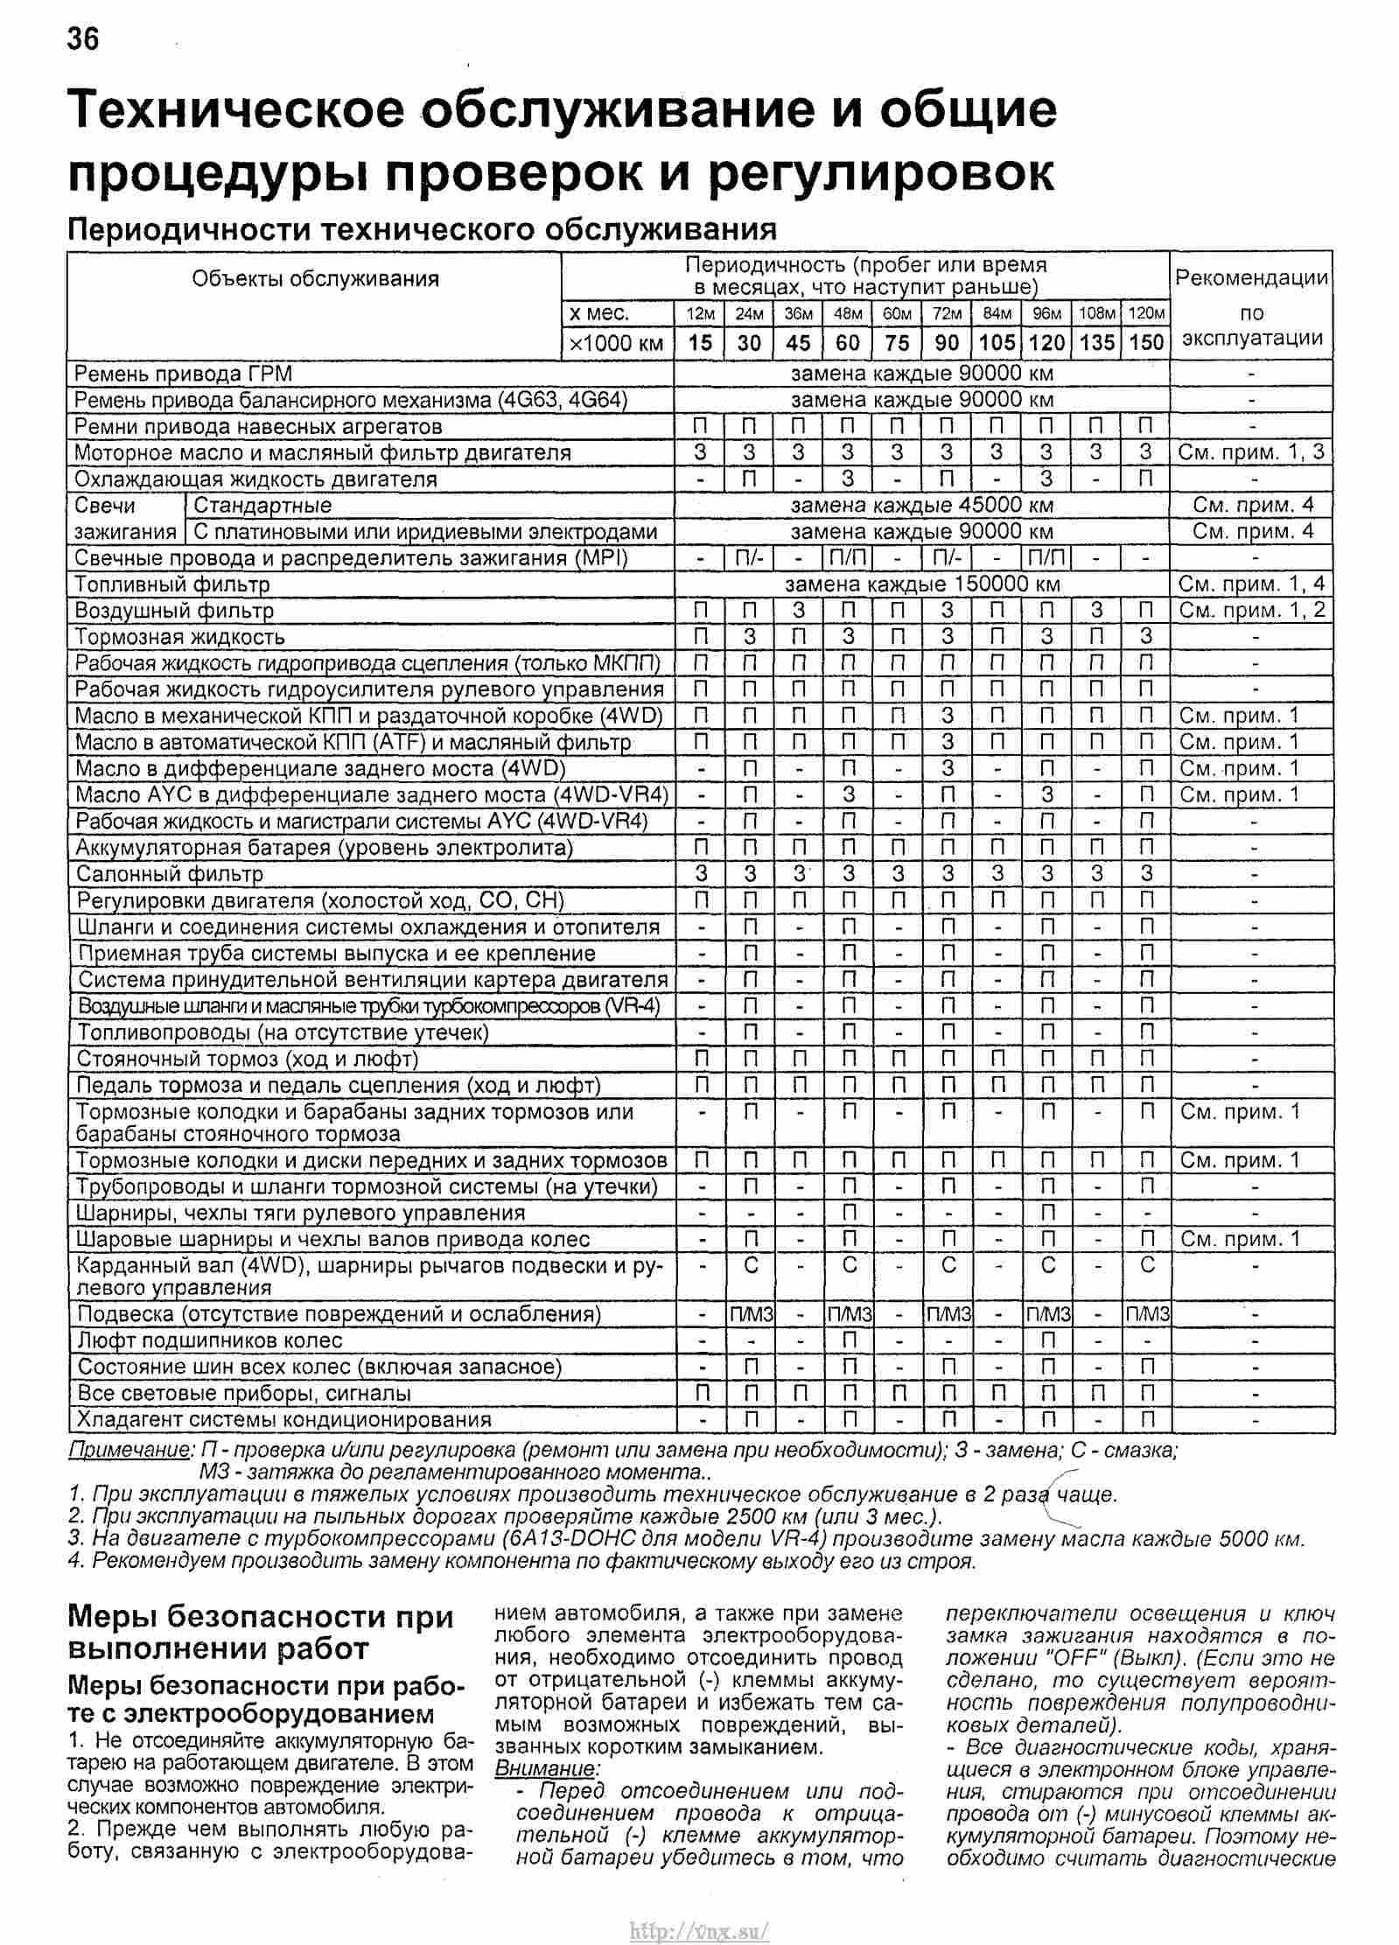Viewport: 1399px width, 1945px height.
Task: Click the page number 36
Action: [x=83, y=38]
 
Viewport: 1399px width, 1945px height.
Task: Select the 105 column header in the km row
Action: [x=997, y=342]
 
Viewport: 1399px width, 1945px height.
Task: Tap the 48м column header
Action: [x=848, y=313]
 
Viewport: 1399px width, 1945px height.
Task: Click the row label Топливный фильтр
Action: [x=172, y=584]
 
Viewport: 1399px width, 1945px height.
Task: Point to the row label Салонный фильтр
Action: [x=170, y=873]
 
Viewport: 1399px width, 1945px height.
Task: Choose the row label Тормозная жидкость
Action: [x=180, y=636]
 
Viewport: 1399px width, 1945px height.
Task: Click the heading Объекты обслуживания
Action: [x=315, y=279]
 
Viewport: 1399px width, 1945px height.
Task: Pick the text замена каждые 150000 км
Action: [x=922, y=584]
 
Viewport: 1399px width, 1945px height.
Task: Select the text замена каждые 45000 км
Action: [x=922, y=505]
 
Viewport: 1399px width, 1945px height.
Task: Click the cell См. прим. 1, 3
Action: [x=1251, y=452]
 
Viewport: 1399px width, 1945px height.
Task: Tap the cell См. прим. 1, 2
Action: [x=1251, y=610]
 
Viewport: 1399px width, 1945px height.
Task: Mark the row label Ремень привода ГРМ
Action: [x=183, y=374]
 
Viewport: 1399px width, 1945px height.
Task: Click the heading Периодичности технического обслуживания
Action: [x=423, y=229]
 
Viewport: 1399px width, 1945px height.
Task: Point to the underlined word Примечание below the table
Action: [x=130, y=1450]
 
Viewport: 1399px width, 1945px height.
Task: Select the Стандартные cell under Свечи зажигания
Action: [x=262, y=505]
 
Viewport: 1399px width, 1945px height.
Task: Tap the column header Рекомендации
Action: [x=1251, y=279]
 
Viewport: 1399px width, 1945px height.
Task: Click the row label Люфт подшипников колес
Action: [x=210, y=1340]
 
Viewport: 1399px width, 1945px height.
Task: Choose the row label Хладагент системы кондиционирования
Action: [x=284, y=1419]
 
